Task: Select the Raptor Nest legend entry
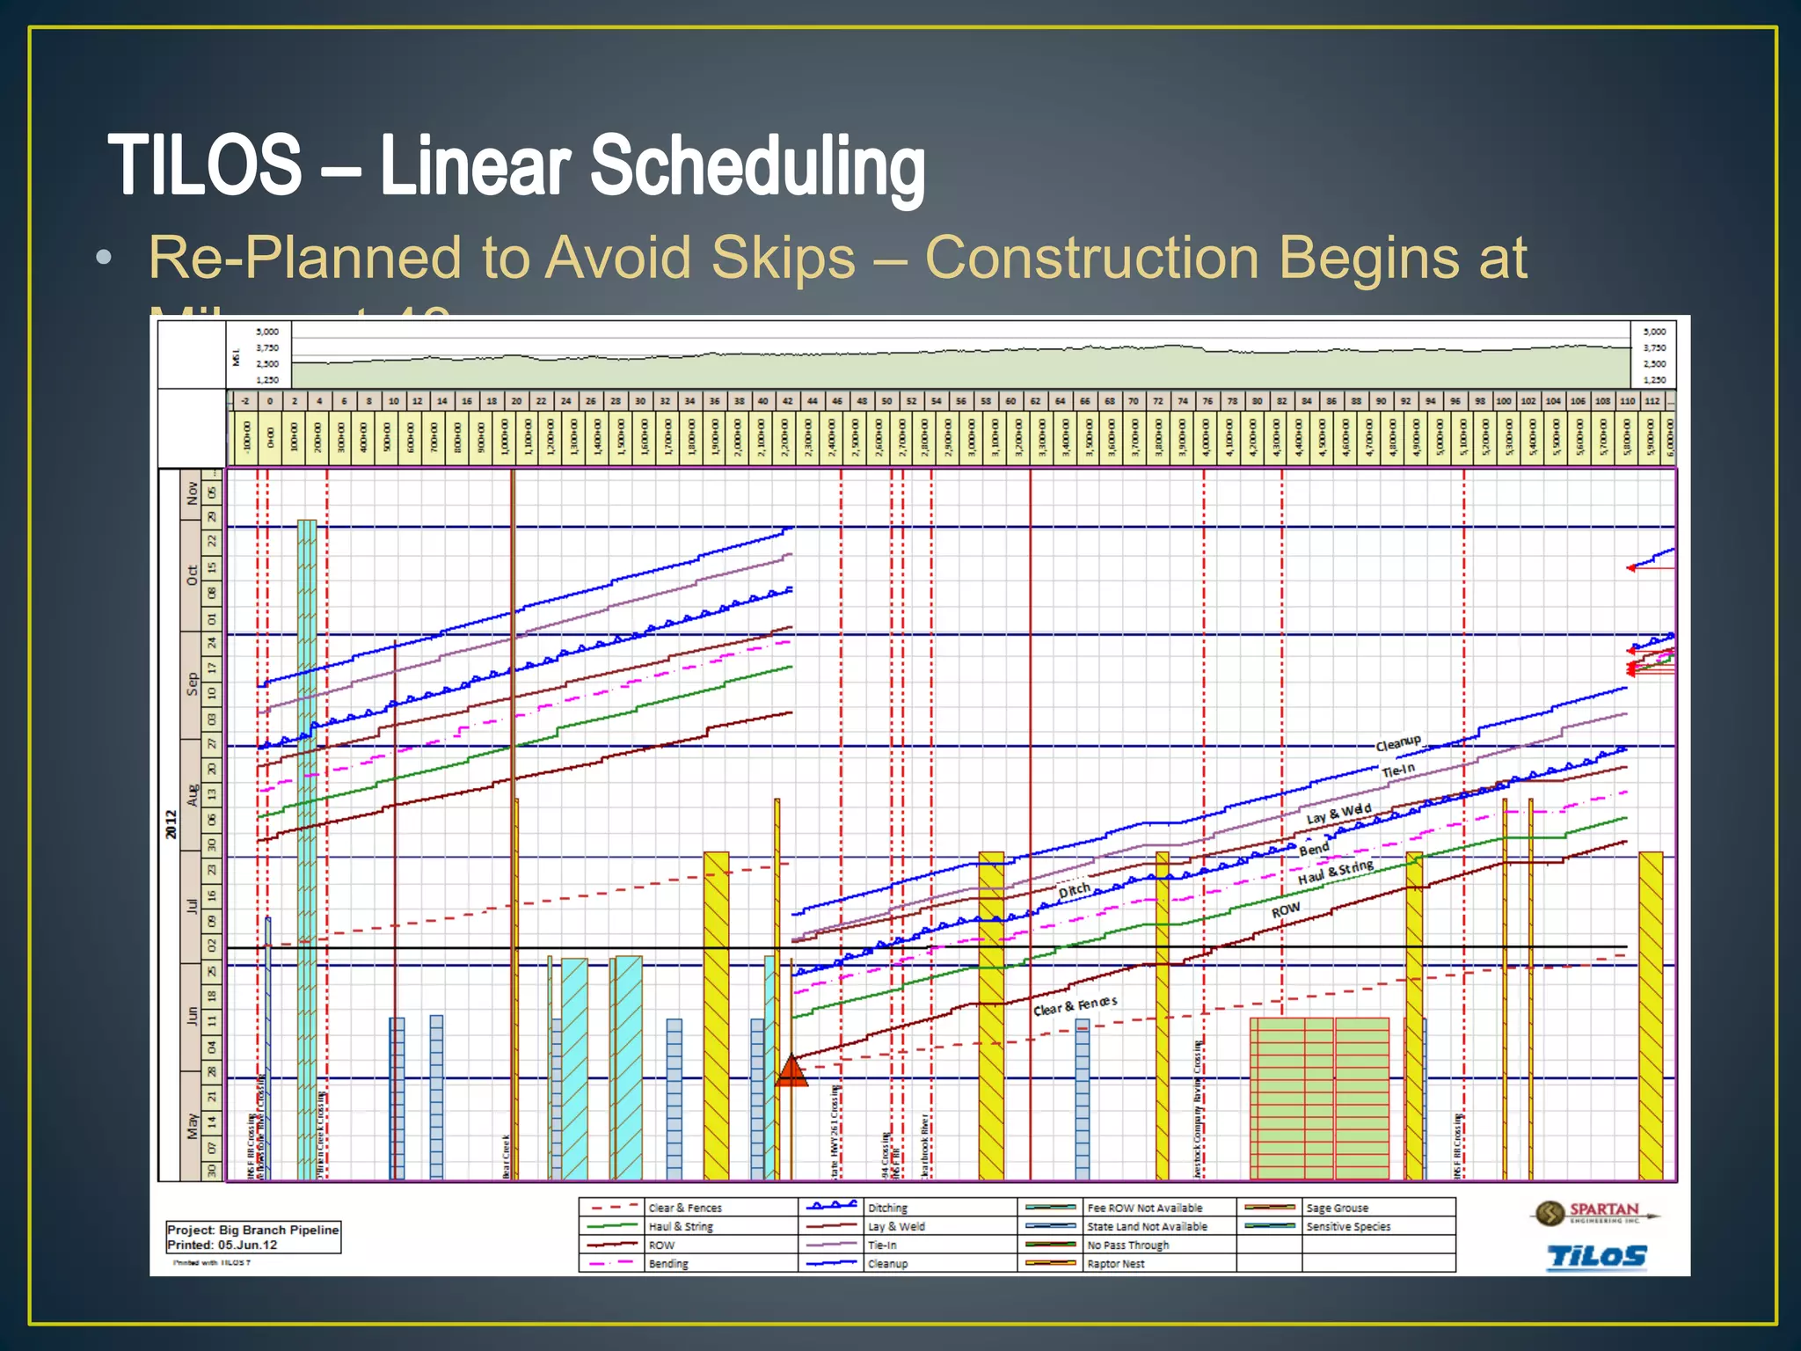(1115, 1264)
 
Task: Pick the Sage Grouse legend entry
(1337, 1209)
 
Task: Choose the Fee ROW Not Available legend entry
(1144, 1209)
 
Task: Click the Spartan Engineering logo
(1594, 1213)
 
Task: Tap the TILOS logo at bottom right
(1596, 1256)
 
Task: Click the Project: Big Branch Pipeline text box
(253, 1237)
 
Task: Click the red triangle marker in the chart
(791, 1072)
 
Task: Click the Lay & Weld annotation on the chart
(1338, 814)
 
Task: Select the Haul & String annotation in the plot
(1335, 873)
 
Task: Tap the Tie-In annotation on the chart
(1398, 770)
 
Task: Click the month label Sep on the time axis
(192, 684)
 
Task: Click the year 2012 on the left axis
(171, 824)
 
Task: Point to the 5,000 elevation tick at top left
(267, 332)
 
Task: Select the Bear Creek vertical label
(507, 1156)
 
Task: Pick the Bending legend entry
(667, 1264)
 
